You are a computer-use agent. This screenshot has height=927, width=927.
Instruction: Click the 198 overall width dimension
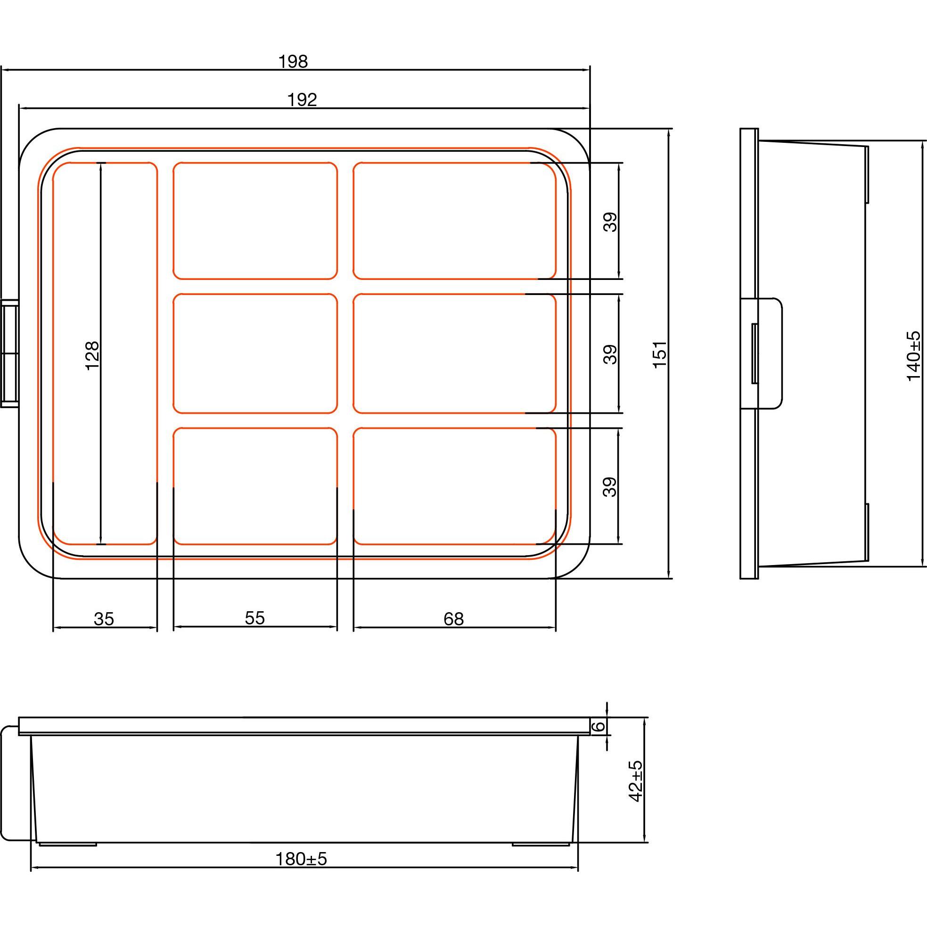pyautogui.click(x=293, y=61)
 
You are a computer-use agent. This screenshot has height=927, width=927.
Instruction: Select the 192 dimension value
pyautogui.click(x=302, y=100)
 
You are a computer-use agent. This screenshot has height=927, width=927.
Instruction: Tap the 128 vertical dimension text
pyautogui.click(x=91, y=354)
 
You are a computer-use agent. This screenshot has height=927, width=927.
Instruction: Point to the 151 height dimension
pyautogui.click(x=660, y=354)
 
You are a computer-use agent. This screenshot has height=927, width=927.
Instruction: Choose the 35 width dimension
pyautogui.click(x=104, y=619)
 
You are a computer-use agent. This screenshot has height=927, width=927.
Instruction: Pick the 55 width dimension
pyautogui.click(x=254, y=618)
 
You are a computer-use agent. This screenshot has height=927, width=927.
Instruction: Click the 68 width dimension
pyautogui.click(x=453, y=619)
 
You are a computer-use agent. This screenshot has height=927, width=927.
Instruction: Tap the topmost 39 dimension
pyautogui.click(x=610, y=221)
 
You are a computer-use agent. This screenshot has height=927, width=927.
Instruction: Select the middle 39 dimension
pyautogui.click(x=610, y=354)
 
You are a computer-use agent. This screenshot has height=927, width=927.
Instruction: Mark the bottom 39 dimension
pyautogui.click(x=610, y=486)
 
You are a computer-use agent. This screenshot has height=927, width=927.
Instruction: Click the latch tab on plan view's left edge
pyautogui.click(x=9, y=354)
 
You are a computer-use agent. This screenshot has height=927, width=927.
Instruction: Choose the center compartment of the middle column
pyautogui.click(x=255, y=353)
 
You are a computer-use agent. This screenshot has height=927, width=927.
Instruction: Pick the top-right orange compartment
pyautogui.click(x=454, y=220)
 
